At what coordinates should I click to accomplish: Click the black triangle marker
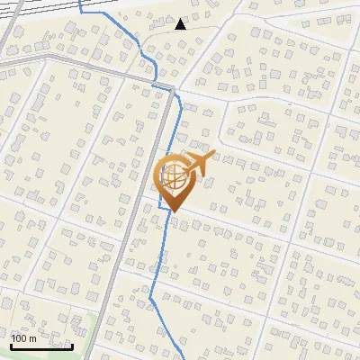click(x=181, y=24)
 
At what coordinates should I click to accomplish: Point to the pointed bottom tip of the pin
click(x=174, y=211)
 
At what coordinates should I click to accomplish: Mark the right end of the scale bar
click(x=72, y=346)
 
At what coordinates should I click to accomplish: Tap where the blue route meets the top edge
click(x=81, y=2)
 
